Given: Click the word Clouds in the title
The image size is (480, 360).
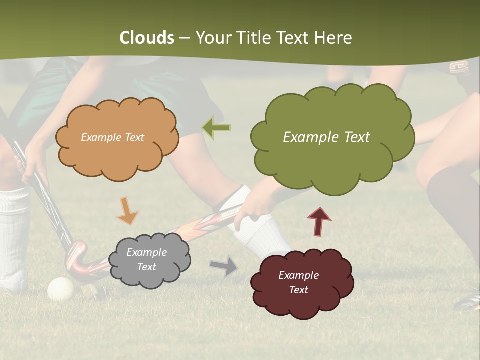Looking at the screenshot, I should (x=147, y=38).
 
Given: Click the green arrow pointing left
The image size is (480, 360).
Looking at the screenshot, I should (x=216, y=128).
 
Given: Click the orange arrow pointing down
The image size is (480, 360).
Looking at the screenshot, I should (x=127, y=211).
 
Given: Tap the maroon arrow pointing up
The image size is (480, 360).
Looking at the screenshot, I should (x=319, y=221).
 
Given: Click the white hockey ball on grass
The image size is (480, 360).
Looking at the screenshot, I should (x=61, y=289).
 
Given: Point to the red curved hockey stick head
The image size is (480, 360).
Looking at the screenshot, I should (x=76, y=260).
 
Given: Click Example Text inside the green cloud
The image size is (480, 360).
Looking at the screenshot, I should (x=326, y=137).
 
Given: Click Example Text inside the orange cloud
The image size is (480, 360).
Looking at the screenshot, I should (x=112, y=137).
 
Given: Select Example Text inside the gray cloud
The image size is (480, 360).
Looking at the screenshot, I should (x=146, y=260).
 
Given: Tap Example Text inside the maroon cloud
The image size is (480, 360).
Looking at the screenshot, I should (x=298, y=282).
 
